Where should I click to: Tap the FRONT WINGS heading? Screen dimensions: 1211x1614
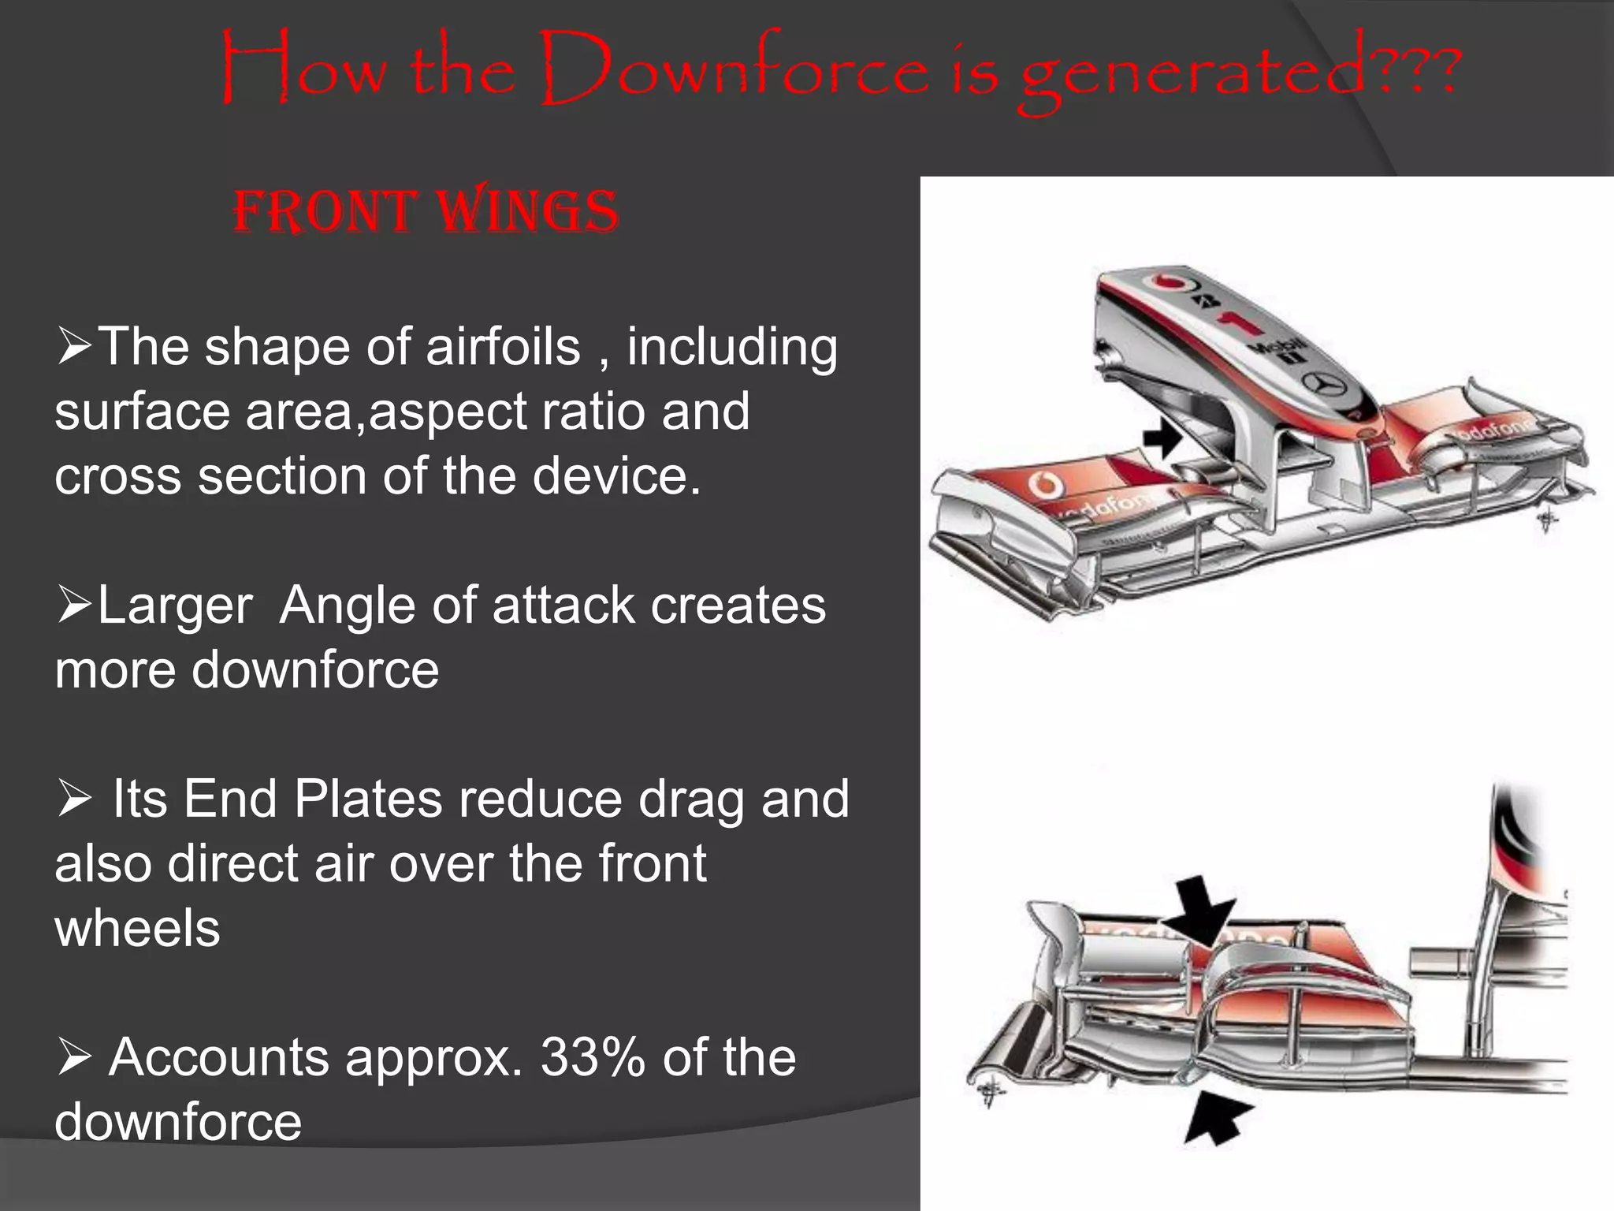(x=426, y=212)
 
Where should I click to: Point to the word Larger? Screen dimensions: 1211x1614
(x=175, y=605)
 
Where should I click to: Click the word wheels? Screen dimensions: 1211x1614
(x=137, y=928)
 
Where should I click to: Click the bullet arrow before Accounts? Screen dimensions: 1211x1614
(x=74, y=1057)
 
